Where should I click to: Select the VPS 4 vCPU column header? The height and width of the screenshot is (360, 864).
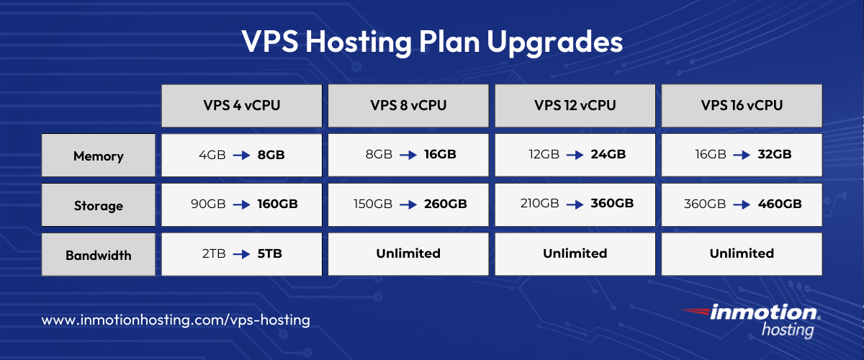tap(241, 105)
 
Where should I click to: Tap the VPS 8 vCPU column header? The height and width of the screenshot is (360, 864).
tap(409, 105)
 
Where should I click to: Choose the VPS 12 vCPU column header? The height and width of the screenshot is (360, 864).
tap(575, 105)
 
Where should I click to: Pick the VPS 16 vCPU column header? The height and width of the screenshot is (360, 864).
tap(742, 105)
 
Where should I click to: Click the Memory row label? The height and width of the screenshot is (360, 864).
tap(99, 156)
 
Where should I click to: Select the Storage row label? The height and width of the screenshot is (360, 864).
tap(99, 205)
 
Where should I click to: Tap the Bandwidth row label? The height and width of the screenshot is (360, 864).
tap(99, 255)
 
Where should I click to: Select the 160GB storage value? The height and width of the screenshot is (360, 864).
tap(277, 204)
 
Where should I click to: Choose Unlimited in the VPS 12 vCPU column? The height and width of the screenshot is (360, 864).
tap(575, 253)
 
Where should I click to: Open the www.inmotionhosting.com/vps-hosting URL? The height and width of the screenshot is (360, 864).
tap(176, 320)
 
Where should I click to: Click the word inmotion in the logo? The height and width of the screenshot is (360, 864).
tap(763, 313)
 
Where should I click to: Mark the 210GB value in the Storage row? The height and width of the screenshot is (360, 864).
tap(539, 204)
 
